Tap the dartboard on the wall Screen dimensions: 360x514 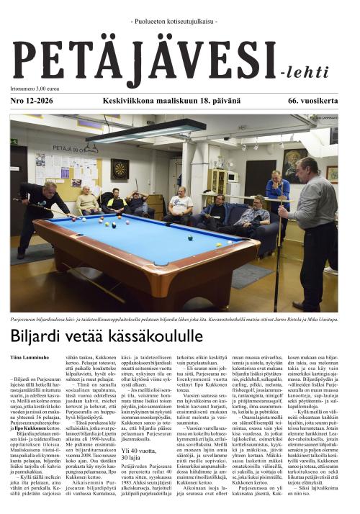point(120,169)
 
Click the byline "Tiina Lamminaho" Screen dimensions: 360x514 point(30,358)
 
